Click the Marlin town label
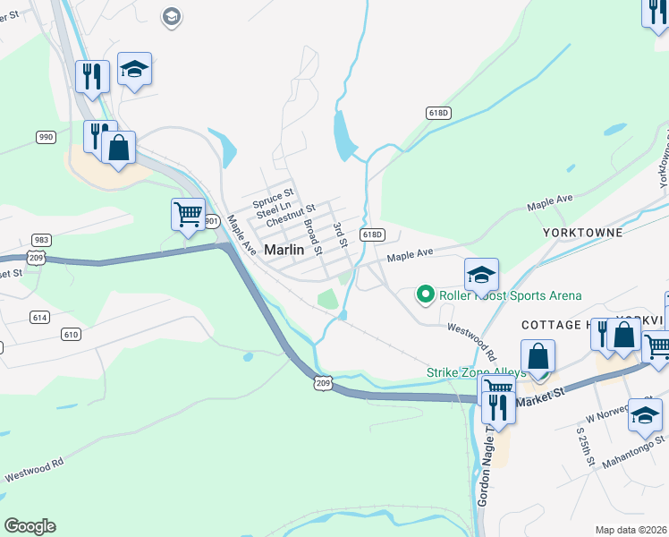click(284, 251)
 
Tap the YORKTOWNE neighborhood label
click(582, 232)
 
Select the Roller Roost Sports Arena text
click(510, 295)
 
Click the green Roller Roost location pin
click(427, 294)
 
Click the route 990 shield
click(46, 137)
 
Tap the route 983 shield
click(41, 240)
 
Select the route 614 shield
click(38, 317)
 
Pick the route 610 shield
click(71, 334)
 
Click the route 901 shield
click(211, 220)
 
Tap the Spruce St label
click(273, 194)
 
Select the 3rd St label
click(340, 235)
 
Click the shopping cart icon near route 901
click(188, 214)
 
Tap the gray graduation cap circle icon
click(171, 15)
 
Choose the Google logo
click(30, 526)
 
